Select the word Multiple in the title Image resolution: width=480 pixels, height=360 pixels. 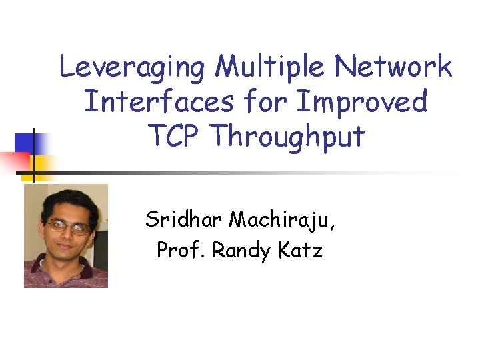click(272, 67)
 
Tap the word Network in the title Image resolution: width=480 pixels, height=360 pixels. click(393, 67)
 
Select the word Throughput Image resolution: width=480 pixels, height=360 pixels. click(287, 137)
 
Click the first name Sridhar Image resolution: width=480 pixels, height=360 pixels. click(184, 219)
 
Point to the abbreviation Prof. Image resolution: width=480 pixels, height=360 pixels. click(181, 251)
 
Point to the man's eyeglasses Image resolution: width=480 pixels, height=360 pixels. click(69, 227)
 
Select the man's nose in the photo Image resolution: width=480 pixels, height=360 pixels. click(71, 237)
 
